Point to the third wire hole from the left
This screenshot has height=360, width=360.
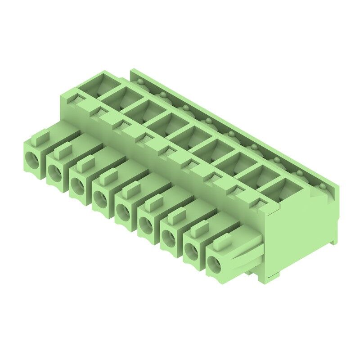coord(77,184)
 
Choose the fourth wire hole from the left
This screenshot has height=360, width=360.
coord(100,198)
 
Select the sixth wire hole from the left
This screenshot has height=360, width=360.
coord(147,224)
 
